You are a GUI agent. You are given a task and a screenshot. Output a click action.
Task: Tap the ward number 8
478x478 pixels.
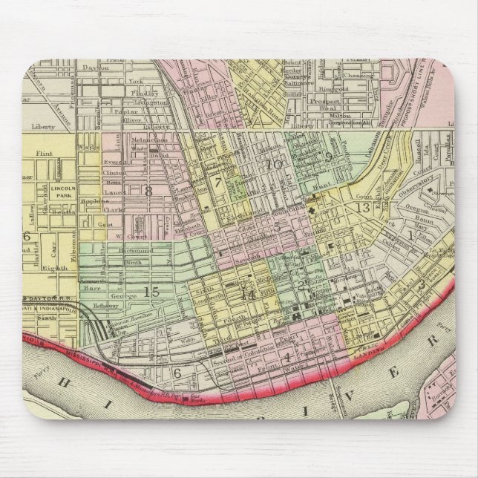(148, 191)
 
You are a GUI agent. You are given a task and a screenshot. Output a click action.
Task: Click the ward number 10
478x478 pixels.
(275, 164)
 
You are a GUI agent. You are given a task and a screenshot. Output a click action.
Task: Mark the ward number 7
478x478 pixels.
(218, 182)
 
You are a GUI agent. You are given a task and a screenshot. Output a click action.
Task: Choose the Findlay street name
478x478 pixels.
(127, 96)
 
